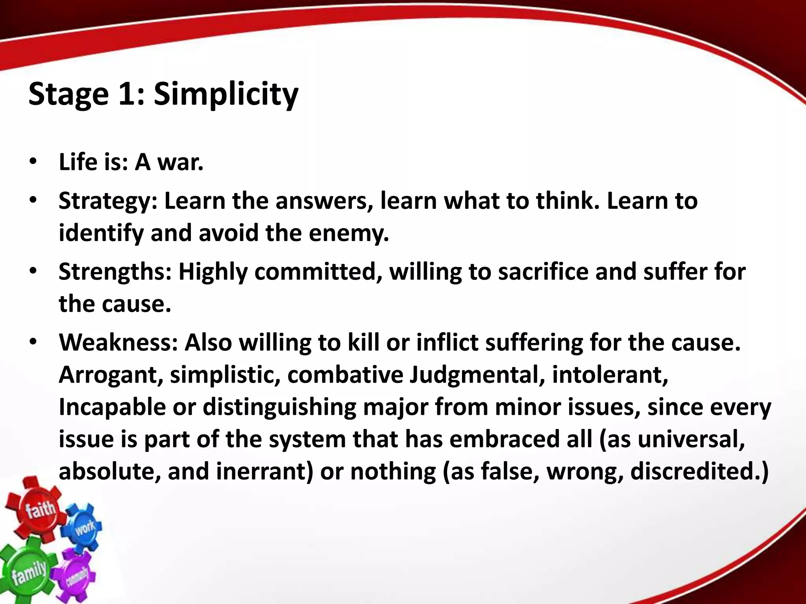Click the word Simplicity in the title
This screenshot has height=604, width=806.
click(x=226, y=94)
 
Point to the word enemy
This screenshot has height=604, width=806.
click(x=348, y=233)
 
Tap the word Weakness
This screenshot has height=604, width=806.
click(x=118, y=343)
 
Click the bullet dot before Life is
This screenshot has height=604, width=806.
click(x=33, y=162)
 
